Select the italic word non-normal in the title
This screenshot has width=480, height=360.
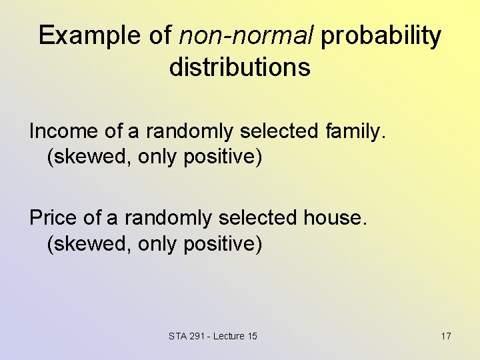point(245,36)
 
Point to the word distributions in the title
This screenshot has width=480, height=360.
point(239,67)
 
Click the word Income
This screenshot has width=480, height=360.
point(59,131)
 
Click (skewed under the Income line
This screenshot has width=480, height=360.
point(88,157)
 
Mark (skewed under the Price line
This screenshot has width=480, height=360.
point(88,244)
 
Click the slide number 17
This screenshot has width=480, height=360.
point(446,336)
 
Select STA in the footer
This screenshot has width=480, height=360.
point(178,336)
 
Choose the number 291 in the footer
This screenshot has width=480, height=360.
point(198,336)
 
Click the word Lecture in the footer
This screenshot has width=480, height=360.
point(230,336)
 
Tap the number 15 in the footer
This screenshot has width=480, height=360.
point(252,336)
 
